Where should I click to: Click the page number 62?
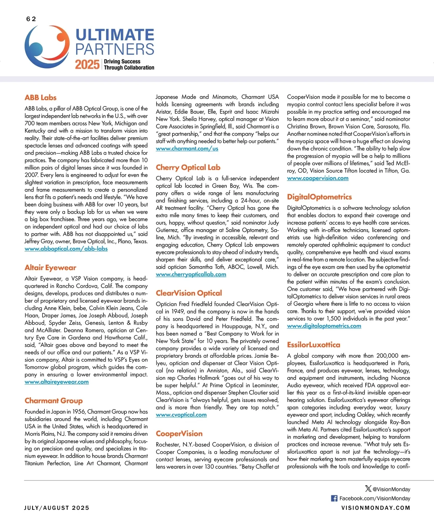point(31,19)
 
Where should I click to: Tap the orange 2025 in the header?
point(87,64)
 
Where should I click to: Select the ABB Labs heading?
point(41,97)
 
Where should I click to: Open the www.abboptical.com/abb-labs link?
point(66,249)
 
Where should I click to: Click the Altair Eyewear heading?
point(50,268)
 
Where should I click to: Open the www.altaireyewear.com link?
point(56,382)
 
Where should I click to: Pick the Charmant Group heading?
point(54,400)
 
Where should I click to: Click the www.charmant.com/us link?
point(187,148)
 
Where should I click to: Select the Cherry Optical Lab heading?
point(188,167)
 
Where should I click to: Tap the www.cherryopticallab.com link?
point(191,274)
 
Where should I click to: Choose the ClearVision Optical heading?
point(189,293)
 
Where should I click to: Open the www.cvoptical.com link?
point(181,415)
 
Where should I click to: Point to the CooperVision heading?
point(179,433)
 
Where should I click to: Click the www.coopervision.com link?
point(318,178)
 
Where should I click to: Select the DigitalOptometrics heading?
point(319,197)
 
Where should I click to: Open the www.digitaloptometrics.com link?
point(324,326)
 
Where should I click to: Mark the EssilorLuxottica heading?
point(314,345)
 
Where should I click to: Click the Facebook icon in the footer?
point(334,498)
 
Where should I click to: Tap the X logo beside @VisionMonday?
point(368,488)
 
